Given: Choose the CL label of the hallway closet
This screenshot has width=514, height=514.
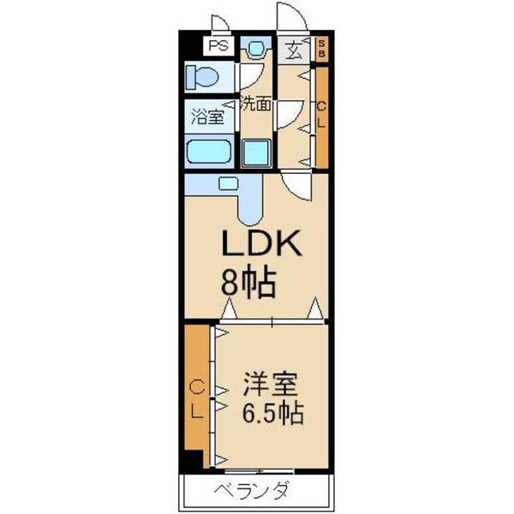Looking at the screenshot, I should click(321, 116).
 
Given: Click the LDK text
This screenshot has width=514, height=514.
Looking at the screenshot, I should click(260, 246).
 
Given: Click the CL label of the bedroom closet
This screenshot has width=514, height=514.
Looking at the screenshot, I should click(196, 397).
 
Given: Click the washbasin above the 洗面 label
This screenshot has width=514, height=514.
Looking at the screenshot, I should click(255, 50).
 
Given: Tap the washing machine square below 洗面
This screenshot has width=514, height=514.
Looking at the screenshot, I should click(255, 152).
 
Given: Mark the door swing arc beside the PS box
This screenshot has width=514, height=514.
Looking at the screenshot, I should click(221, 24).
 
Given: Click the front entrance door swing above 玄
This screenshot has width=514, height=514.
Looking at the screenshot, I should click(288, 17).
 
